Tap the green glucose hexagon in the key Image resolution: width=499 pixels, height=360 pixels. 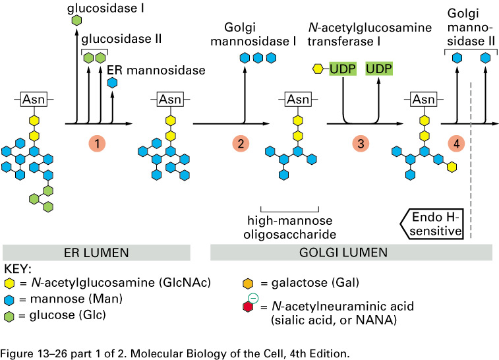11,314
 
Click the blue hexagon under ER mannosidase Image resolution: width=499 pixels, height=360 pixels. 113,82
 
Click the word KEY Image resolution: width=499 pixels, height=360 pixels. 18,270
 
